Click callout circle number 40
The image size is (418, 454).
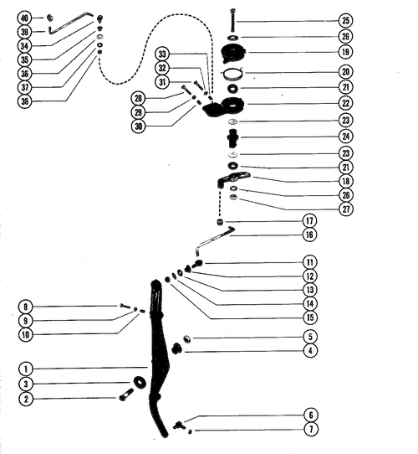point(24,18)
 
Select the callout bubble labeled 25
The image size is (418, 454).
point(346,21)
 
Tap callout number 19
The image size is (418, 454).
point(346,52)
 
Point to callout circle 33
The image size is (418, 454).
point(162,54)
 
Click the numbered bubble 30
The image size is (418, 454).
point(139,126)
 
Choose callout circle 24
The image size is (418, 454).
point(346,137)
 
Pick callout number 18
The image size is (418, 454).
point(346,181)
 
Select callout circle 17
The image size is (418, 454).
point(309,220)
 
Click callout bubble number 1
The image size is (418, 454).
point(26,369)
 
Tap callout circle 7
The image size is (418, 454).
point(311,429)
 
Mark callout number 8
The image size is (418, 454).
point(25,307)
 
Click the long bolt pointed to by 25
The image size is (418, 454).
point(232,21)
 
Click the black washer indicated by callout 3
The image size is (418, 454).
point(140,383)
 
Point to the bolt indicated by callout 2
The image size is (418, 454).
point(126,395)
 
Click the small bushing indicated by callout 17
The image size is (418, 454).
point(220,222)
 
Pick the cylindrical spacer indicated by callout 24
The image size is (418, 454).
point(232,138)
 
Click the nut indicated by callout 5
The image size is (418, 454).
point(187,338)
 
